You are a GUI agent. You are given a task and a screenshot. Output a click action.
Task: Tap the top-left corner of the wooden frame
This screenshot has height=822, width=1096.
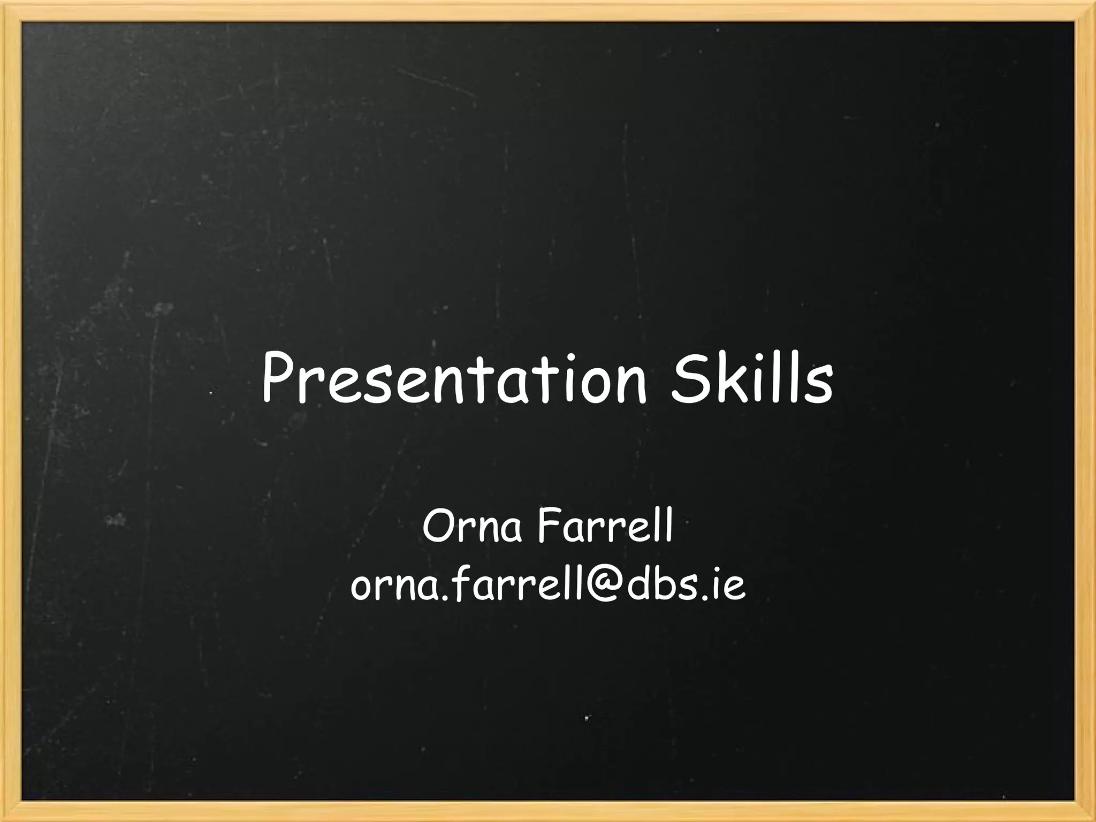coord(11,11)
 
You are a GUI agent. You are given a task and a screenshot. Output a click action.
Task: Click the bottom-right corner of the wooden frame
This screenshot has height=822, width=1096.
coord(1085,811)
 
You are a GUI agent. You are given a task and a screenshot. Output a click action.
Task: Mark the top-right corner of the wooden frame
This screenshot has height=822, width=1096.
coord(1085,11)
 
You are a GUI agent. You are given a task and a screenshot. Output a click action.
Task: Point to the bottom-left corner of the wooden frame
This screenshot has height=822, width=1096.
coord(11,811)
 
